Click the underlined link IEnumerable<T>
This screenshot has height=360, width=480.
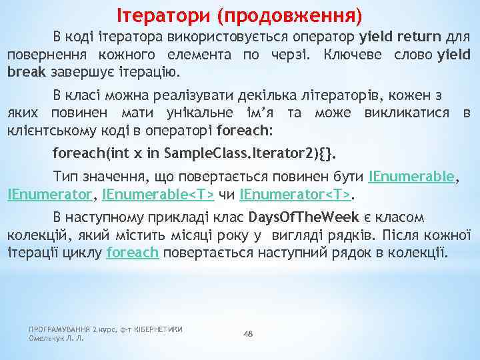coord(159,195)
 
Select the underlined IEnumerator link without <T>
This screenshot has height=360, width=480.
coord(50,195)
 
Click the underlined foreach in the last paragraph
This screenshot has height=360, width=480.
coord(132,253)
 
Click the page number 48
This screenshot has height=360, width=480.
coord(249,333)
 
